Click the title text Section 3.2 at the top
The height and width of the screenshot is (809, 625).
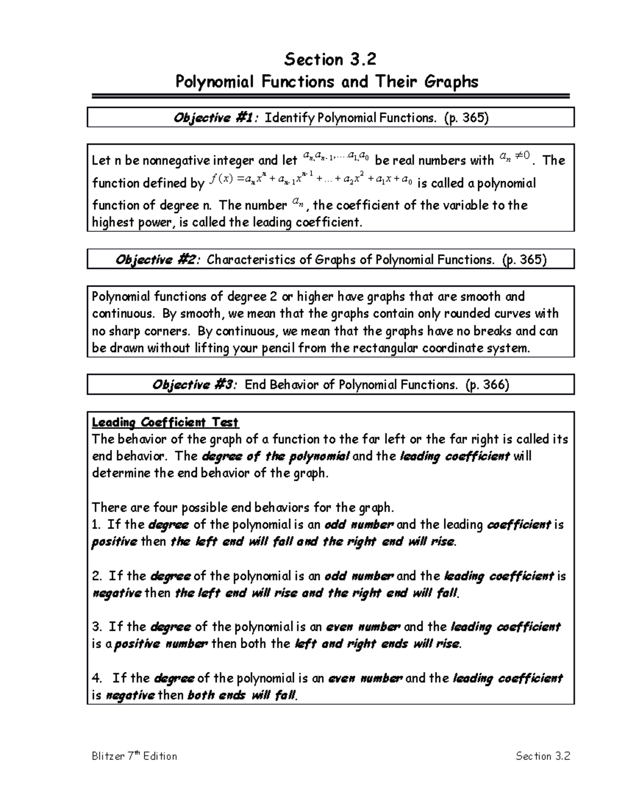pos(330,60)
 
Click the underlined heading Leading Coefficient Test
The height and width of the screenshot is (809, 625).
pos(165,422)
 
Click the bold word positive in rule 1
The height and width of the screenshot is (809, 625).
pos(114,542)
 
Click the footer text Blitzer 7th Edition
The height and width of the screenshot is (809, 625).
pos(134,756)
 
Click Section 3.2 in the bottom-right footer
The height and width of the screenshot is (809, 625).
pos(543,756)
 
